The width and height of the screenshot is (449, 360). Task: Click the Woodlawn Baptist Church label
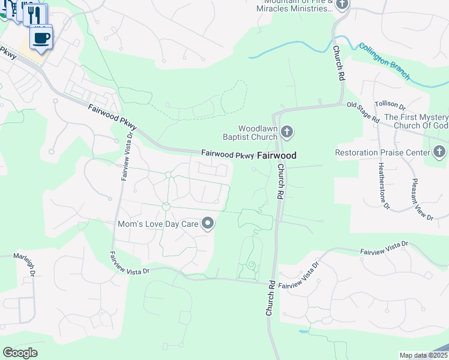click(x=258, y=133)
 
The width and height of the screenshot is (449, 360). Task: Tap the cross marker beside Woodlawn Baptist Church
click(x=287, y=132)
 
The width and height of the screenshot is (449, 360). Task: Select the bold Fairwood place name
click(x=277, y=155)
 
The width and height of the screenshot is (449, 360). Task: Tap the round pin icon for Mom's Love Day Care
click(x=208, y=224)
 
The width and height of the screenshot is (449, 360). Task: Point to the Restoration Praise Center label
click(x=382, y=152)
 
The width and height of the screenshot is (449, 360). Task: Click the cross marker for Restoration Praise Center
click(x=440, y=152)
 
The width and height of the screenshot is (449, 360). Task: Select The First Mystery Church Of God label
click(x=416, y=121)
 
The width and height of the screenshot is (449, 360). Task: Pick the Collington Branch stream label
click(x=384, y=61)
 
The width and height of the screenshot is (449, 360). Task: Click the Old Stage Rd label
click(x=363, y=112)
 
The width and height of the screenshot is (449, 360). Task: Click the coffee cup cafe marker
click(x=41, y=38)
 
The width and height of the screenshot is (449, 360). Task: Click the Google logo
click(x=20, y=353)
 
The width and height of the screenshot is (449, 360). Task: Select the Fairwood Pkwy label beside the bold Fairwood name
click(x=228, y=154)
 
